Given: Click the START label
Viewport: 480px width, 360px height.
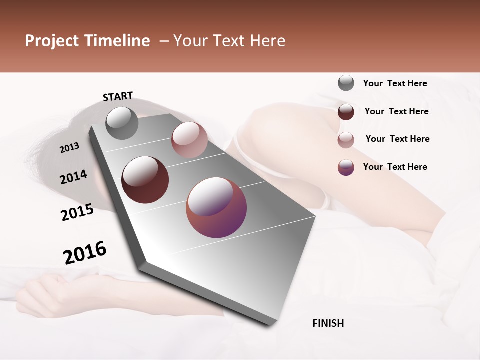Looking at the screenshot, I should (118, 96).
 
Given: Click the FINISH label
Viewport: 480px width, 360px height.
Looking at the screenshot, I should (328, 323).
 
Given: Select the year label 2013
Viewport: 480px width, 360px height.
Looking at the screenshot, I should (69, 148).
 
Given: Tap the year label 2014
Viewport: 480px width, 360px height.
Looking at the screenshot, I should (73, 177).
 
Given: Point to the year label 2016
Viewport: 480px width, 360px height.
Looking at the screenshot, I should (85, 253).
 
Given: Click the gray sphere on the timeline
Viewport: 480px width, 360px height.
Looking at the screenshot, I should (122, 123).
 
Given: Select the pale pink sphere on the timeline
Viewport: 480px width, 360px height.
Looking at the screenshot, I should (189, 140).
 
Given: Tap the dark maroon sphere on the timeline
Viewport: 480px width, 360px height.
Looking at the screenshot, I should (145, 180).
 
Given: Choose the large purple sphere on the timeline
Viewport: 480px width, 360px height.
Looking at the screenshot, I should (216, 208).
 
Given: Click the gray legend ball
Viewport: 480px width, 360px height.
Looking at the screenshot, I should (346, 83).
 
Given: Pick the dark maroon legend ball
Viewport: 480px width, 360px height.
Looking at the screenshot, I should (346, 111).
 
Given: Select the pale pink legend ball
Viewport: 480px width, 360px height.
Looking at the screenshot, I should (346, 139).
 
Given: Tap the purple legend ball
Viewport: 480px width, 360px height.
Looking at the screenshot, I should (346, 167).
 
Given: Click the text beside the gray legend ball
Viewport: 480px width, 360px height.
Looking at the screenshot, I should (395, 83).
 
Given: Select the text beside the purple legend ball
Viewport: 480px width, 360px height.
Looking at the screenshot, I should (395, 167).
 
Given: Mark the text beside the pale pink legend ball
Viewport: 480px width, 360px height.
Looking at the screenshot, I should (397, 139).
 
